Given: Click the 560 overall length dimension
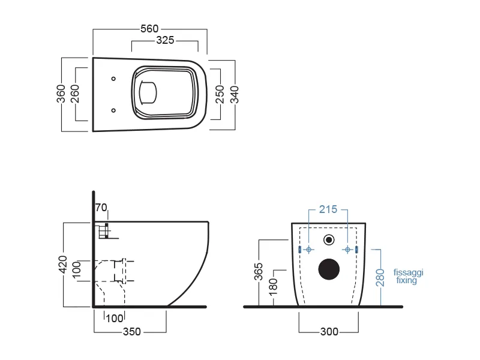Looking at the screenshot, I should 150,28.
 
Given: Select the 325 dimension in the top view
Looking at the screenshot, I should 165,41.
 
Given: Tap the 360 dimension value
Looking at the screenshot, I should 61,94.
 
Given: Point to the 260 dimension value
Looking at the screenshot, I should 75,94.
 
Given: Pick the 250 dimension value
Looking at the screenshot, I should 220,94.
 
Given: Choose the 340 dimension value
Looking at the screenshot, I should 235,94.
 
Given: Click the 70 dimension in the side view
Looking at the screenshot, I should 101,208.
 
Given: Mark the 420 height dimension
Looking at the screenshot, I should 62,264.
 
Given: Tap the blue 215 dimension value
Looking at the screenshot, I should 328,209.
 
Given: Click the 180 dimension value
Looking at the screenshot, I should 274,286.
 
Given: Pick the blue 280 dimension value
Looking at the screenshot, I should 379,277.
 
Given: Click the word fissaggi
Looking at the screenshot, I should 409,272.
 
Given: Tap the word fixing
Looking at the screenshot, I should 406,280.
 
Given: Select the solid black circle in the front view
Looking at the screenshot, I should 328,269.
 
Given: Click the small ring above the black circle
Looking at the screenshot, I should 328,241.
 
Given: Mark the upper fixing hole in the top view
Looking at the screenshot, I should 114,79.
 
